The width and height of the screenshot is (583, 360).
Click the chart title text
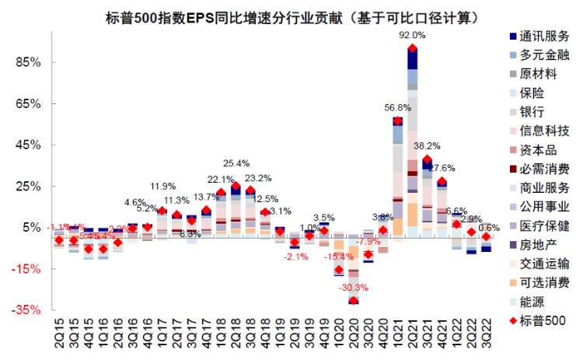coord(292,16)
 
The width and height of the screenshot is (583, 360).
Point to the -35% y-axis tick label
coord(26,309)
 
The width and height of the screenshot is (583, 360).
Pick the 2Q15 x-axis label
coord(59,330)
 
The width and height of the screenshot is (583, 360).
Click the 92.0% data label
coord(412,35)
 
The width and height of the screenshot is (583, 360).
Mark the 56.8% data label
coord(397,108)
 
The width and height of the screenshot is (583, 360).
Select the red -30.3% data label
coord(354,288)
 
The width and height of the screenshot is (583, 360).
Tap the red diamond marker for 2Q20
coord(354,301)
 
